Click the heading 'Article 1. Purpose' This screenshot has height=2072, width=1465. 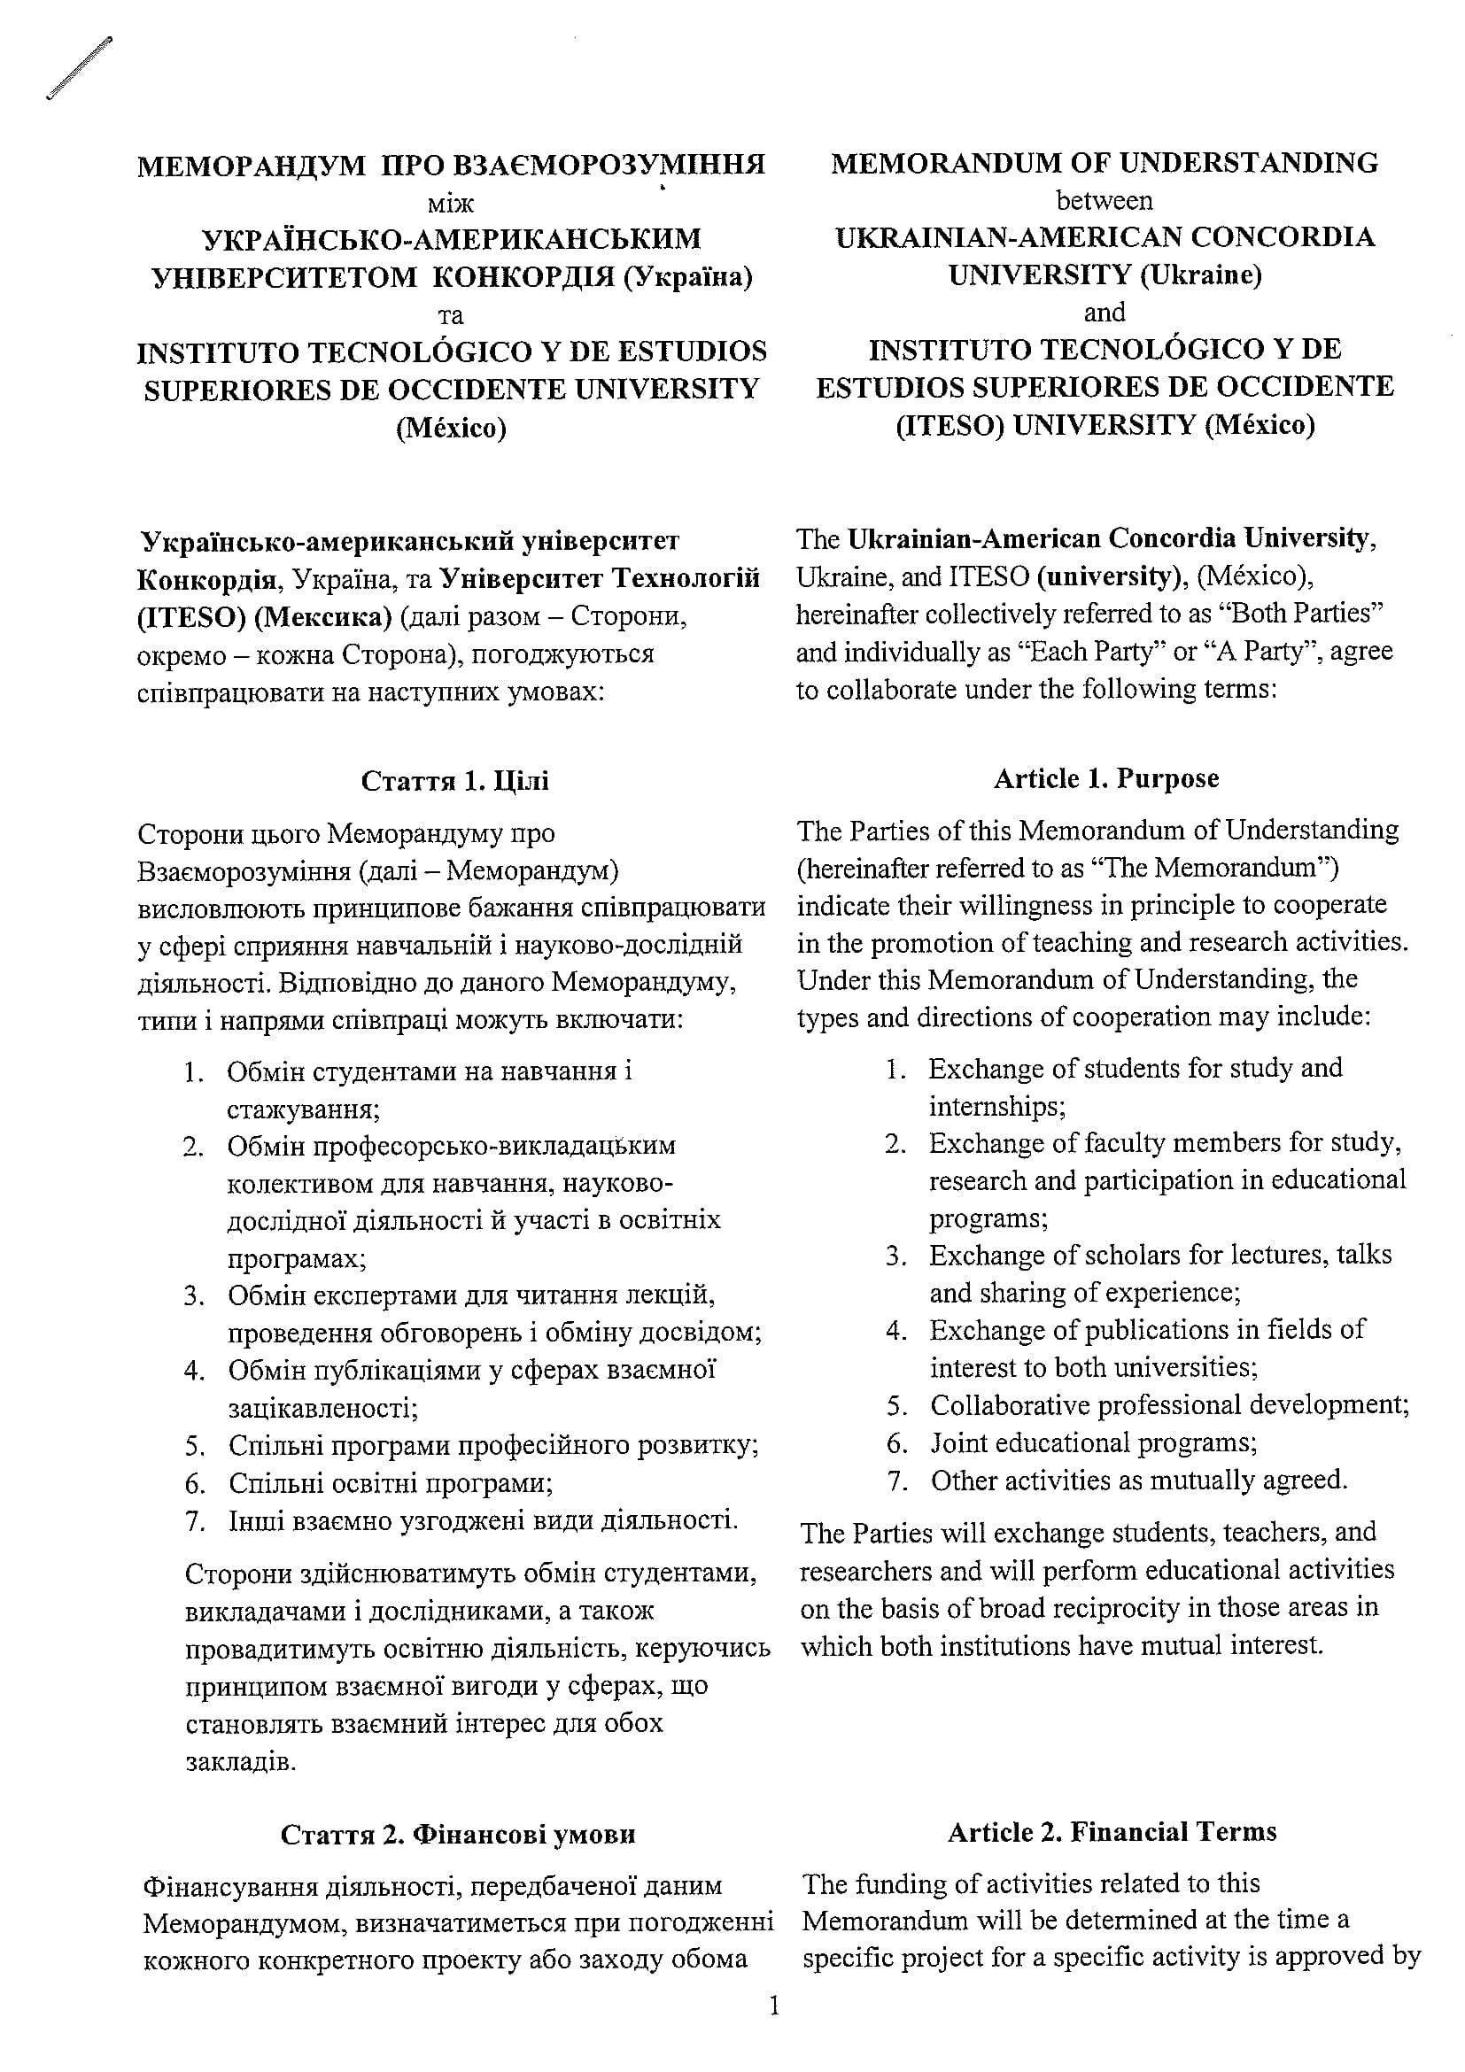click(x=1105, y=778)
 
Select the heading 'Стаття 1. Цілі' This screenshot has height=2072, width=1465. click(x=454, y=780)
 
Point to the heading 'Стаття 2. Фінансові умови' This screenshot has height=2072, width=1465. click(x=458, y=1834)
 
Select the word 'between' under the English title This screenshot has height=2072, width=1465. click(x=1104, y=199)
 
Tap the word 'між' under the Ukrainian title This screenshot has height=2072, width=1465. click(x=451, y=202)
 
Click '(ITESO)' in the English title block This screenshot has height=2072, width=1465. click(x=950, y=424)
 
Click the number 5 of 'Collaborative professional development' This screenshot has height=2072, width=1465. click(x=896, y=1405)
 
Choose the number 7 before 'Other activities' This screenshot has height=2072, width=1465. click(x=896, y=1480)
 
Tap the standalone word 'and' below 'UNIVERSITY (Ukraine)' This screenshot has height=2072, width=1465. click(x=1104, y=313)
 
